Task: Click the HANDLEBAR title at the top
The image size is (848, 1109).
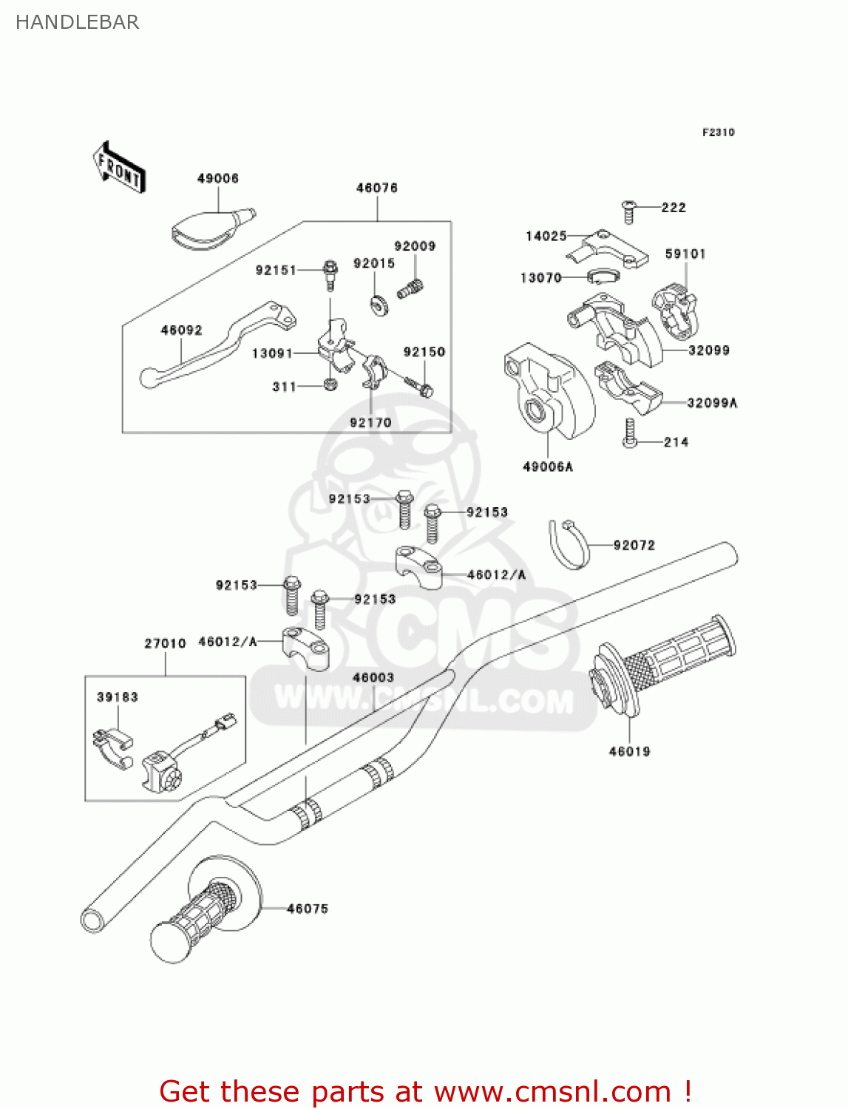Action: [77, 22]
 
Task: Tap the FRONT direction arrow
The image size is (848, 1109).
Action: [119, 168]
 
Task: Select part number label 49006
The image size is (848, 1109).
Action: [217, 178]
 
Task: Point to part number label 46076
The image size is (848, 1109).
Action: [376, 188]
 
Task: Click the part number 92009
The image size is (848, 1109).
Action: [415, 246]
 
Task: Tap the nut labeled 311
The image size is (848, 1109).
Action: [330, 384]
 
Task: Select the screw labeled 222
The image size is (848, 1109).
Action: [628, 211]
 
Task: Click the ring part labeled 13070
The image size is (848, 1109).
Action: [603, 277]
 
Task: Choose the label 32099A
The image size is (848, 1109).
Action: [712, 403]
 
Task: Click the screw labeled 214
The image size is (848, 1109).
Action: [629, 434]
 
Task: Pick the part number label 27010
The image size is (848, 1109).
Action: [165, 643]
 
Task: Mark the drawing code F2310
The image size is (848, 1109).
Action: [718, 132]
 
